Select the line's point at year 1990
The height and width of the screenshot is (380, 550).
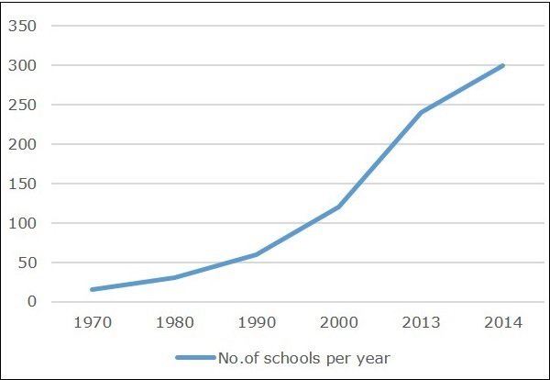coord(256,254)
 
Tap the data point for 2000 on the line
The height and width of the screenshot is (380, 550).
coord(338,207)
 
